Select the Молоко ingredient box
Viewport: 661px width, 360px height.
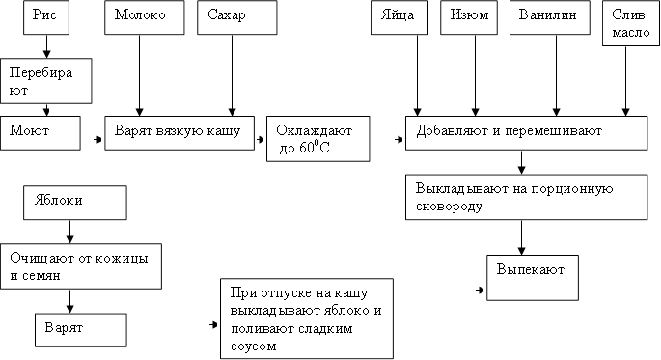click(141, 17)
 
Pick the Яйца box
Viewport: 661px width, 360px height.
click(399, 17)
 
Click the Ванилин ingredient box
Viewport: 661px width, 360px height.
click(551, 17)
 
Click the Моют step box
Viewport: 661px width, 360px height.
click(40, 133)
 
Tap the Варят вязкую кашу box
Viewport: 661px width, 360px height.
click(179, 133)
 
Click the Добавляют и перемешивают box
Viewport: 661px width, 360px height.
click(526, 133)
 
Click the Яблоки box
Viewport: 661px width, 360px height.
click(75, 203)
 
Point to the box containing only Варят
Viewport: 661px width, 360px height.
click(81, 329)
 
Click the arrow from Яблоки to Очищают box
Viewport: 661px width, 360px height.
click(69, 232)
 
